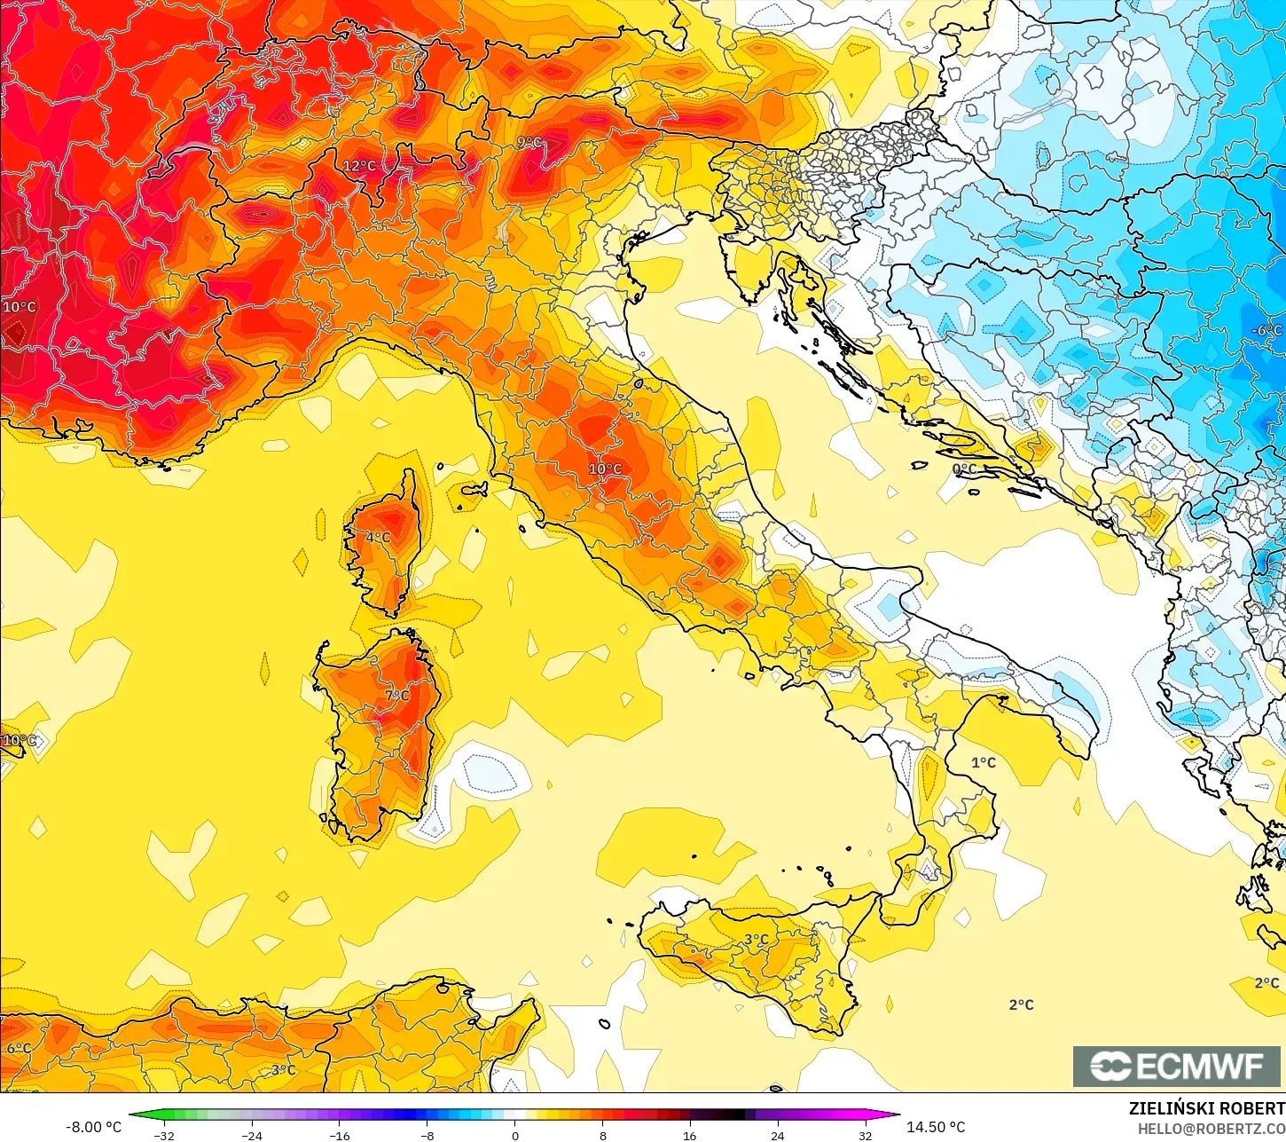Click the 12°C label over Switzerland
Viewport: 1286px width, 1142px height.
[x=359, y=166]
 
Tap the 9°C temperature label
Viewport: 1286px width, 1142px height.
[x=529, y=142]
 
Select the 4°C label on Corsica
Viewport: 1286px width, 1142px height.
[x=379, y=537]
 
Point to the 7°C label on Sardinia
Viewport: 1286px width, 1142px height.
[x=397, y=695]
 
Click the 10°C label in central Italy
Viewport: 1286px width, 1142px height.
[x=605, y=469]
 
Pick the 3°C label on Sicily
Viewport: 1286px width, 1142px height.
[x=756, y=940]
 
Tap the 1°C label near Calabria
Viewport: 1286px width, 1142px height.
[x=983, y=762]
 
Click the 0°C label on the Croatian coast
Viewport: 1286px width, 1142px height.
[x=964, y=469]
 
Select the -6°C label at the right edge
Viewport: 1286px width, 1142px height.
[x=1266, y=330]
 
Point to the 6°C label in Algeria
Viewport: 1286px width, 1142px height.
[x=19, y=1048]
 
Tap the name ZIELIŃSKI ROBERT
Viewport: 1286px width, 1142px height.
[x=1206, y=1108]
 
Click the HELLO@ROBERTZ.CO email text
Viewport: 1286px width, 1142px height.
[x=1212, y=1129]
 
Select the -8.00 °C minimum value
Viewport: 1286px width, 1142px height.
[x=93, y=1127]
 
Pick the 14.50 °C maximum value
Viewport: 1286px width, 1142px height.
[x=936, y=1127]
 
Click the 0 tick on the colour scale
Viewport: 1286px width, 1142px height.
[x=514, y=1135]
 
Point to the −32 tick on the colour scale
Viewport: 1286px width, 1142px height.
[x=163, y=1135]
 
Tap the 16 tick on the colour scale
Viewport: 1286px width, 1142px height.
[x=689, y=1135]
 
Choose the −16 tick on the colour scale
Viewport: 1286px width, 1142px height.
[x=339, y=1135]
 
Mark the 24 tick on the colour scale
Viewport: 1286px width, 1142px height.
[x=777, y=1135]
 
